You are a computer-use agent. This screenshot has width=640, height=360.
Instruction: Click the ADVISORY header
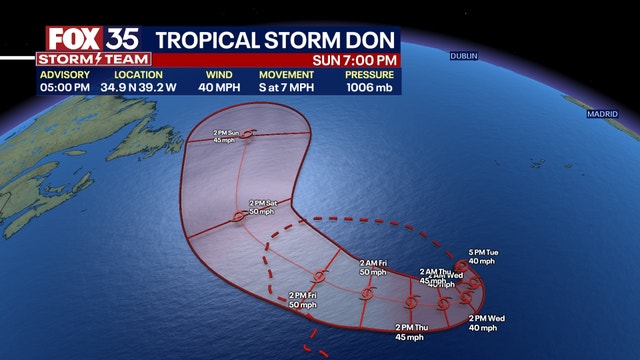coord(67,75)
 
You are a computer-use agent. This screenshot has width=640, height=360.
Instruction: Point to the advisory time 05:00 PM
coord(67,87)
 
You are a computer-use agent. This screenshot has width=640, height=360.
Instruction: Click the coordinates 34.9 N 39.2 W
coord(138,87)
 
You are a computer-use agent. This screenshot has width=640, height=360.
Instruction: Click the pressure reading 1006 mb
coord(370,87)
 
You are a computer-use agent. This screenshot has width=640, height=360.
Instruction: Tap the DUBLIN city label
coord(464,56)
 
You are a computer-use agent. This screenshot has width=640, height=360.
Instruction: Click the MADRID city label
coord(603,114)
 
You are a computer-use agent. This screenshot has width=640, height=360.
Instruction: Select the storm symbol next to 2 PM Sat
coord(238,215)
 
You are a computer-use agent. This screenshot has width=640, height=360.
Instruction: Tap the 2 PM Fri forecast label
coord(303,299)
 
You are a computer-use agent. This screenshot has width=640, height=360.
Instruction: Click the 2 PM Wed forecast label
coord(487,322)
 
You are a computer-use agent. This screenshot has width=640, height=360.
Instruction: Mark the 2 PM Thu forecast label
coord(412,331)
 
